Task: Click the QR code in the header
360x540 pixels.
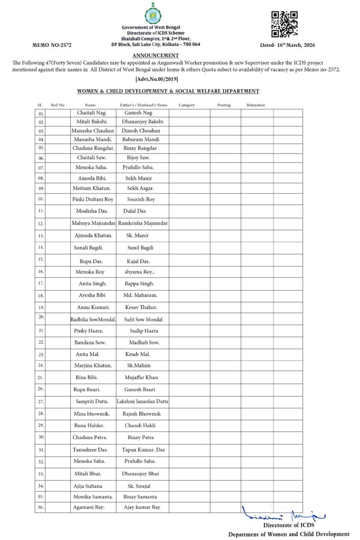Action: click(x=284, y=24)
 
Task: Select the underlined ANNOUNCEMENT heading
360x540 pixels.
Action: click(x=155, y=55)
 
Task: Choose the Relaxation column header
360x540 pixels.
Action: click(x=256, y=105)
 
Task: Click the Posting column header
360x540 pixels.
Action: click(x=224, y=105)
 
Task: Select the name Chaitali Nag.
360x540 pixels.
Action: click(x=92, y=113)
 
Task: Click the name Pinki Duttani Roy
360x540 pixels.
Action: click(x=93, y=199)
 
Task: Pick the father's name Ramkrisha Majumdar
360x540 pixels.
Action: click(x=143, y=223)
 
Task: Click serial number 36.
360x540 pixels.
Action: click(x=41, y=507)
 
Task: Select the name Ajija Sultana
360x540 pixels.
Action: click(x=88, y=485)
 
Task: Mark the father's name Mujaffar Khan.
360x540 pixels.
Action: click(x=142, y=378)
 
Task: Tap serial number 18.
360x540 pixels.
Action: click(x=41, y=296)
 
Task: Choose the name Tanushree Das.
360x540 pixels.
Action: click(x=90, y=449)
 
